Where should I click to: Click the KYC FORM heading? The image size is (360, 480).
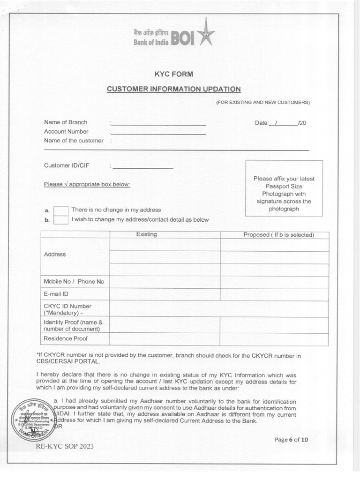(174, 74)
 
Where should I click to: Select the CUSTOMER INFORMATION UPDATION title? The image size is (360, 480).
(174, 89)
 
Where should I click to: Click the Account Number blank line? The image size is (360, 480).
(158, 133)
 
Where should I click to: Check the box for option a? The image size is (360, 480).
(61, 210)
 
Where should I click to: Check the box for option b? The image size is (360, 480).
(61, 220)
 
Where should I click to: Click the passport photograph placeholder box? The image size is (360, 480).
(284, 188)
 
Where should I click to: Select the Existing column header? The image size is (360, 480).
(146, 234)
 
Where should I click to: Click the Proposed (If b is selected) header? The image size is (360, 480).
(278, 235)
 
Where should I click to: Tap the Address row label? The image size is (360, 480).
(55, 255)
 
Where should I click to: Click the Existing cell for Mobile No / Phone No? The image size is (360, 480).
(165, 282)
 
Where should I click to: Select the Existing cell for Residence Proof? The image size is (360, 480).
(165, 339)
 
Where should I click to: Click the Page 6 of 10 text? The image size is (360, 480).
(291, 439)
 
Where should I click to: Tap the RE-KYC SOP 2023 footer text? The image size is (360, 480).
(65, 446)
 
